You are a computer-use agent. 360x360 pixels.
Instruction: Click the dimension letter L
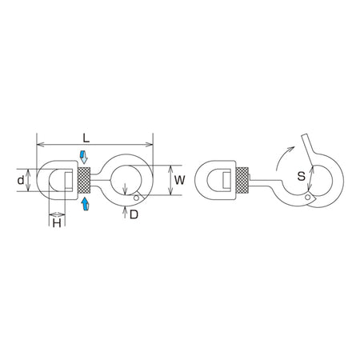pos(86,138)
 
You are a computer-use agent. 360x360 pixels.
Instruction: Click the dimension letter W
pos(180,180)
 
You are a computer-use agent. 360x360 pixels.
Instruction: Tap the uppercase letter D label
pos(134,214)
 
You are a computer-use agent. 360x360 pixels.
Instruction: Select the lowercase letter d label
pos(21,180)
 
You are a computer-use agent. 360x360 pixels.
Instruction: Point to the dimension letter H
pos(57,223)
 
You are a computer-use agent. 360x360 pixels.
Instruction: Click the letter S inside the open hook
pos(301,176)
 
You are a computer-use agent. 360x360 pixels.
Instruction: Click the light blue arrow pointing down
pos(84,157)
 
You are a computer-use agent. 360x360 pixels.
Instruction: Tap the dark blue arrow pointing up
pos(85,204)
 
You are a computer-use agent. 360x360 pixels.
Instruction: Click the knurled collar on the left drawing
pos(84,180)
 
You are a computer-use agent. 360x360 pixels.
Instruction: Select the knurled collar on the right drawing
pos(242,180)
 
